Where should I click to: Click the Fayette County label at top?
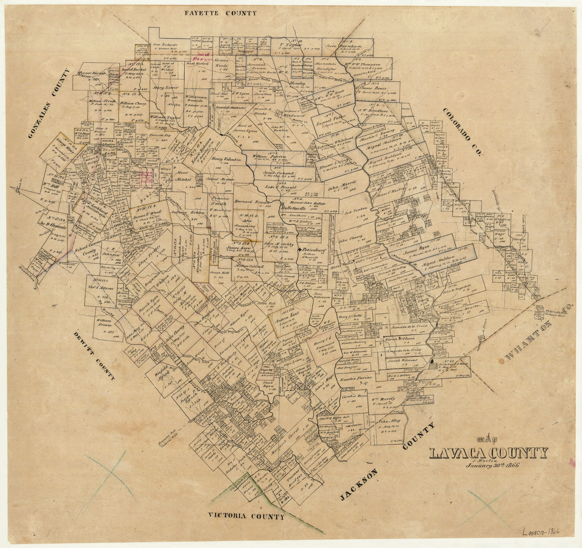(x=220, y=13)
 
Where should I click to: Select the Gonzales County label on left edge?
(x=49, y=104)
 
